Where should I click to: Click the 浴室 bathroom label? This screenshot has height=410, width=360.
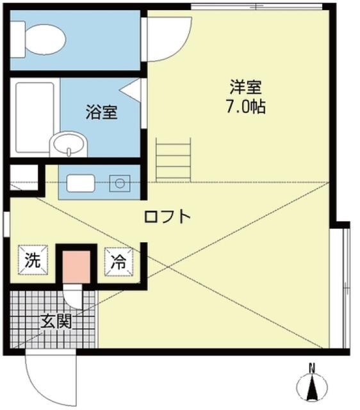[102, 112]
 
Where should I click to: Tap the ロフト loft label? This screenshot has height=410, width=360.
[167, 217]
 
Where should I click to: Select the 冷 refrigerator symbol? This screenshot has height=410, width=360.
[119, 260]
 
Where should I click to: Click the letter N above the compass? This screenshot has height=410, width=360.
[313, 368]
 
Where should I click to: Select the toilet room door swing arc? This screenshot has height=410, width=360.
[168, 38]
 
